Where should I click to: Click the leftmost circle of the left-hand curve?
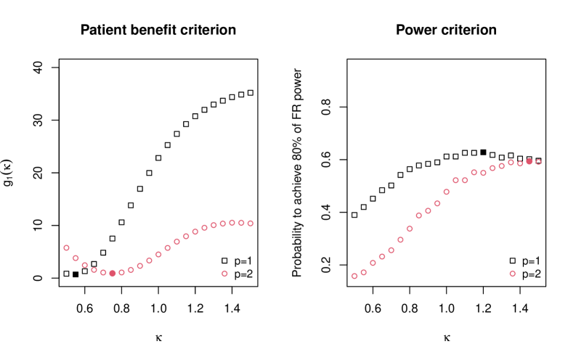67,247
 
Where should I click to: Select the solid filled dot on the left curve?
113,273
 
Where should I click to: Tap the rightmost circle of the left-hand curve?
251,224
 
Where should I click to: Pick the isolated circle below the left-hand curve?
224,274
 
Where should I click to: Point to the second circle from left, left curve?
76,258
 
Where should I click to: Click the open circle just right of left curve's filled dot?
122,272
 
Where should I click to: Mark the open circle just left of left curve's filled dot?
103,272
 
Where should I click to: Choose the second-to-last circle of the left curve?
241,223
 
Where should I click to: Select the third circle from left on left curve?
85,265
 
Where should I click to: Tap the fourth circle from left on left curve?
94,270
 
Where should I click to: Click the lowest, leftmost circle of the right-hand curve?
354,276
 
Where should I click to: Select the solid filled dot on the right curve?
529,161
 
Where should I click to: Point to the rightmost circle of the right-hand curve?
538,162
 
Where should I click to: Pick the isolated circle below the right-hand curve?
512,274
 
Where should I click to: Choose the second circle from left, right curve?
364,272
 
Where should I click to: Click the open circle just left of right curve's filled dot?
520,163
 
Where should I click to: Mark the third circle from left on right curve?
373,263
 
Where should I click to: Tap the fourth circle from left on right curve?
382,256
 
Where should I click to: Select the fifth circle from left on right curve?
391,250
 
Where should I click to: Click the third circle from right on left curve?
232,223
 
